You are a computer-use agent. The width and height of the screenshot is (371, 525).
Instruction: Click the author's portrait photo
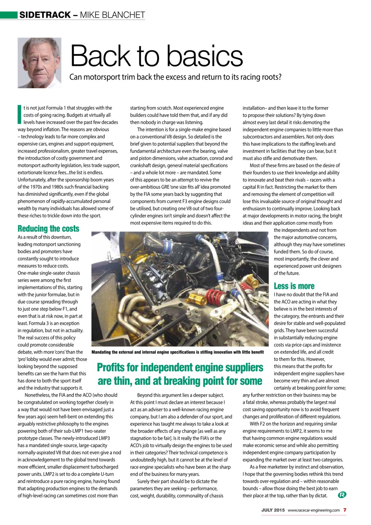(39, 63)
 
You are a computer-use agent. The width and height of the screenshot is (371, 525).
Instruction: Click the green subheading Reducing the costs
(48, 228)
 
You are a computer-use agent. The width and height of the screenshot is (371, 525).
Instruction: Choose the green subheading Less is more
(294, 286)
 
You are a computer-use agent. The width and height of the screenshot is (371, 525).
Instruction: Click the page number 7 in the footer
(345, 510)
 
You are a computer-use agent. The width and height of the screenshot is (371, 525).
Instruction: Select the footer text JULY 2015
(273, 510)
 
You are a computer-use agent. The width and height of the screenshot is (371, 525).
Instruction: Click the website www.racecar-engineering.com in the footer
(314, 510)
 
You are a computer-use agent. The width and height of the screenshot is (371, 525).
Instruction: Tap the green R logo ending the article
(341, 495)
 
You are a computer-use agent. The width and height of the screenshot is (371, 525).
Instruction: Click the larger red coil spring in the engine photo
(214, 296)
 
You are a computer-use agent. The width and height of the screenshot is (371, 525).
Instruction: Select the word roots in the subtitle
(273, 77)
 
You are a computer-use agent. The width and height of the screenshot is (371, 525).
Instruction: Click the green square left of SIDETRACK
(9, 15)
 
